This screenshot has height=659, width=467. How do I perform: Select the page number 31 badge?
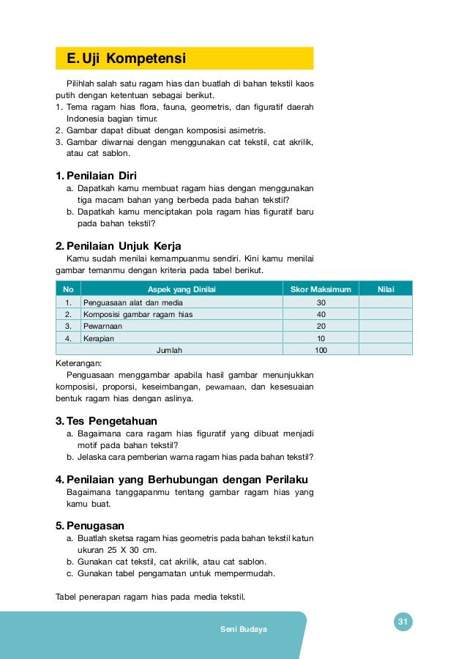402,622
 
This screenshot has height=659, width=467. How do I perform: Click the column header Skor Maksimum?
321,289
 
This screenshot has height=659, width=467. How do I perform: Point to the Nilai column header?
386,289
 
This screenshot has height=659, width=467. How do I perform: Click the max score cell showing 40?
321,314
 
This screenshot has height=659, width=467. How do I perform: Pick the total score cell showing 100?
321,350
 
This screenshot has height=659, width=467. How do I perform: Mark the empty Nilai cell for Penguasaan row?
386,302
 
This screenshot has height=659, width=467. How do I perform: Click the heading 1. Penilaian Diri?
96,175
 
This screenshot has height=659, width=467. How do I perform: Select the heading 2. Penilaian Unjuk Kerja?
119,246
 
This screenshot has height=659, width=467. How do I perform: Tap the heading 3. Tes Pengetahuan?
106,421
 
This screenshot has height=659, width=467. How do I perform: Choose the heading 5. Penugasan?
89,525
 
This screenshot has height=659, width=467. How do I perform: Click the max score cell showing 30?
321,302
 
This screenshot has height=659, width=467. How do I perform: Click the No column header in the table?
68,289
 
